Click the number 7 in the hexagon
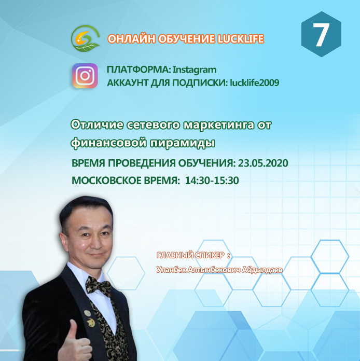pos(321,35)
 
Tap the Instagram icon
pos(85,76)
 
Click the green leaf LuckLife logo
pos(85,38)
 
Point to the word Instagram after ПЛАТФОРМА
pos(195,70)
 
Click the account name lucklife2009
pos(255,82)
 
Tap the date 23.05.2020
pos(263,163)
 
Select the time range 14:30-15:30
pos(212,180)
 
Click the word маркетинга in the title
pos(216,125)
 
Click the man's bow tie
pos(99,285)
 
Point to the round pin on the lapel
pos(87,313)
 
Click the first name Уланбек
pos(171,270)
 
